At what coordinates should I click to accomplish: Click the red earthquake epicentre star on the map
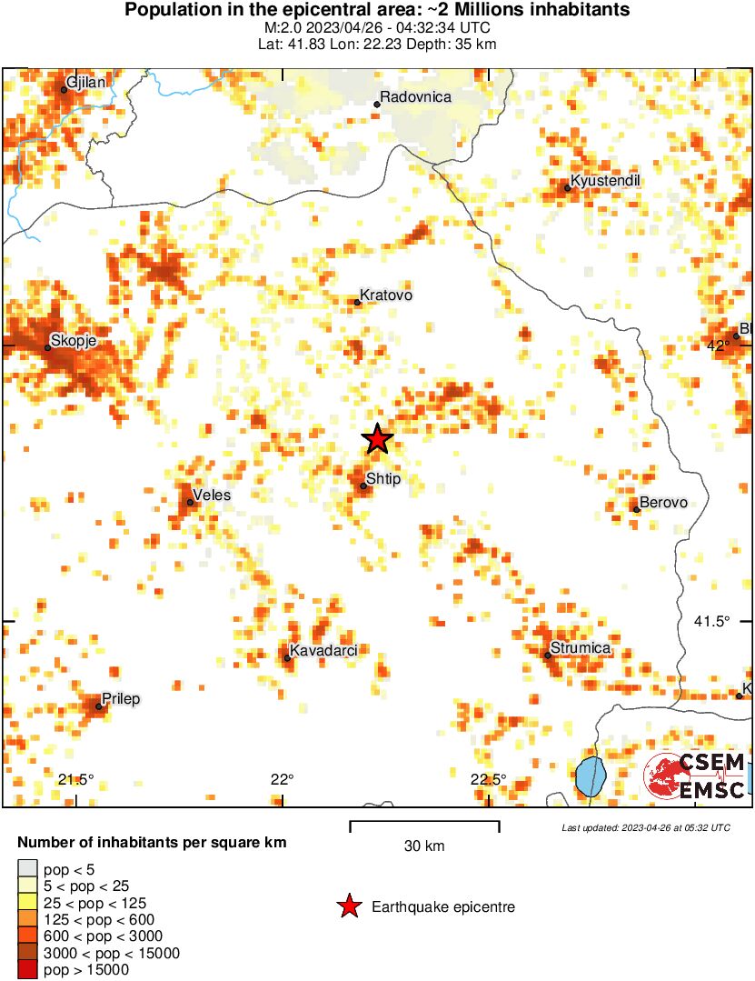[377, 439]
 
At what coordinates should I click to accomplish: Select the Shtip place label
[382, 478]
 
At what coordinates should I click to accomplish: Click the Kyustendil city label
[605, 181]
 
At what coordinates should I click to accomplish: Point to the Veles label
[212, 496]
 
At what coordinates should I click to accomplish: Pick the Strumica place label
[581, 648]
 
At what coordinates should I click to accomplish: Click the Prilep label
[121, 699]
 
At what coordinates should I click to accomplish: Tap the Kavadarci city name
[323, 650]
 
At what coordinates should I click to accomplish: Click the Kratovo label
[386, 295]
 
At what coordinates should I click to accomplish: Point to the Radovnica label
[415, 97]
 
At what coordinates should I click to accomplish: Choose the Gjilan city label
[86, 83]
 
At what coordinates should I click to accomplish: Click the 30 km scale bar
[424, 826]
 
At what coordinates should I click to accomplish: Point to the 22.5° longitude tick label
[488, 779]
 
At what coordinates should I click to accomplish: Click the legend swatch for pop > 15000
[28, 970]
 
